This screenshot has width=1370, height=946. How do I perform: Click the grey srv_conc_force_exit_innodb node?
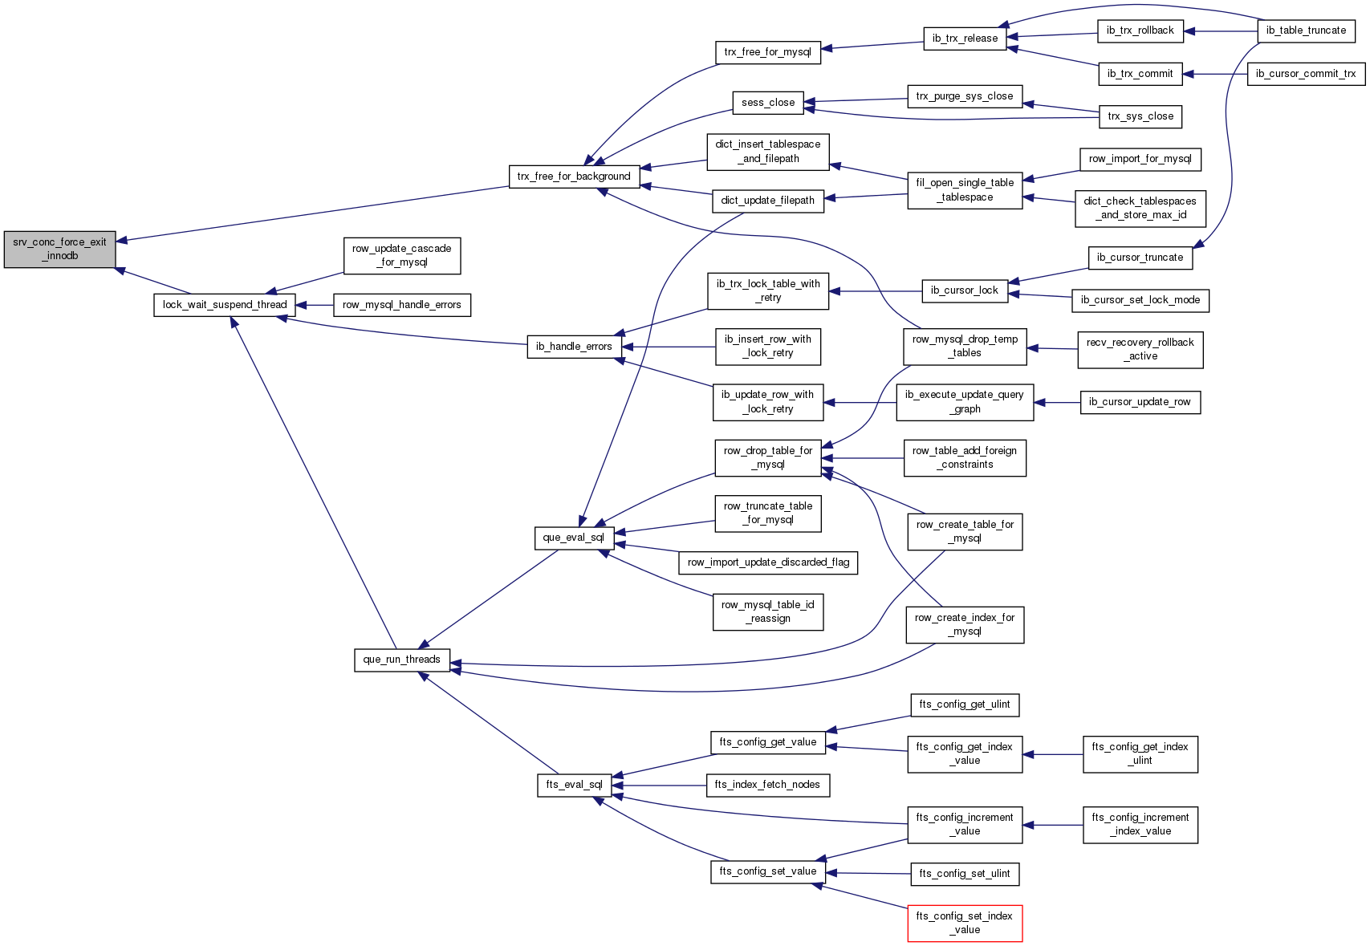[60, 250]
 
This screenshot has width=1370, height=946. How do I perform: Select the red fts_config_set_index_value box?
[966, 924]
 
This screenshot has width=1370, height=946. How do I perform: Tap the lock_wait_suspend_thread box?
[225, 305]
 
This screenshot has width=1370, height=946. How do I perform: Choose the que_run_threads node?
[402, 660]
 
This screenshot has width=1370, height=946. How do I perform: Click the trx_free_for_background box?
[575, 177]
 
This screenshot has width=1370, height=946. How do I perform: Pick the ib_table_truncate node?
[1306, 31]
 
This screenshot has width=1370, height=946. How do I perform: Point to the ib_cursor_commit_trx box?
[1307, 74]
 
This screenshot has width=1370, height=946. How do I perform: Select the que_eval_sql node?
[575, 538]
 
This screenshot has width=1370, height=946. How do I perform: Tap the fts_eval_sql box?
[575, 786]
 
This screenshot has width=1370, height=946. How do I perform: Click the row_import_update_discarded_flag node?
[768, 562]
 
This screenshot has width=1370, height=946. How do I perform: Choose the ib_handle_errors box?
[575, 347]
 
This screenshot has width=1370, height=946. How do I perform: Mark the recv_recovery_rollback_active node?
[1140, 350]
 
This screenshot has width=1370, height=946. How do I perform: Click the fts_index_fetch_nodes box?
[768, 786]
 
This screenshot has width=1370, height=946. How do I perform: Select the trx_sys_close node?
[1140, 117]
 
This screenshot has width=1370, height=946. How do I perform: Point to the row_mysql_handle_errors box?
[402, 305]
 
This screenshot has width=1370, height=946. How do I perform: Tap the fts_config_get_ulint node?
[966, 705]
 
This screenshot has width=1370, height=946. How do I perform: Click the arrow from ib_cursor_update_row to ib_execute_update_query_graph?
[1058, 402]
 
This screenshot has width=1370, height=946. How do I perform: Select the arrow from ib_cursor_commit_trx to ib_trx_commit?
[1215, 74]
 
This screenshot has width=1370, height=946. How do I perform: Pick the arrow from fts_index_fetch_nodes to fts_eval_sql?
[659, 786]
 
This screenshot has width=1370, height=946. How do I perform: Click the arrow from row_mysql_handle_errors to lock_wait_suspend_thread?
[315, 305]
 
